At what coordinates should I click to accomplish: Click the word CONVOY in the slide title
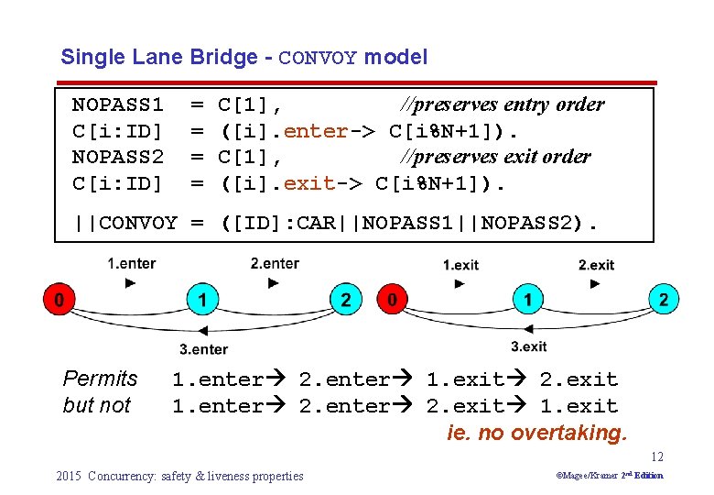pyautogui.click(x=318, y=58)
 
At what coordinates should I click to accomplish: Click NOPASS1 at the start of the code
pyautogui.click(x=117, y=104)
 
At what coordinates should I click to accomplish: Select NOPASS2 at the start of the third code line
pyautogui.click(x=117, y=157)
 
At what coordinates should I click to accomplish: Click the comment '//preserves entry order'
pyautogui.click(x=502, y=104)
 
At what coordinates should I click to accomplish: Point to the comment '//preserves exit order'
pyautogui.click(x=495, y=157)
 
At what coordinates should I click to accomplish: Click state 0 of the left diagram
pyautogui.click(x=58, y=299)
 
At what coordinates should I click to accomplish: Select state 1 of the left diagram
pyautogui.click(x=202, y=299)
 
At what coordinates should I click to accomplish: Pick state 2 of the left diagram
pyautogui.click(x=345, y=299)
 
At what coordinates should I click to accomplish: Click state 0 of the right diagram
pyautogui.click(x=391, y=299)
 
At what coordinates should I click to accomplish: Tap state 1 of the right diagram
pyautogui.click(x=528, y=299)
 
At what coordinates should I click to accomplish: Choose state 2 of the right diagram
pyautogui.click(x=664, y=299)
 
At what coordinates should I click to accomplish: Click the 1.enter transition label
pyautogui.click(x=132, y=264)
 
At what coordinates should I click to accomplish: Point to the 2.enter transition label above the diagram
pyautogui.click(x=275, y=264)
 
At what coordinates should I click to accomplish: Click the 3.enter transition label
pyautogui.click(x=203, y=348)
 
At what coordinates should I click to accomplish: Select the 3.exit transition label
pyautogui.click(x=529, y=346)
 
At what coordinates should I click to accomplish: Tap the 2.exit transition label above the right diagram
pyautogui.click(x=596, y=265)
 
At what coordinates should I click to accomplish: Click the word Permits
pyautogui.click(x=100, y=379)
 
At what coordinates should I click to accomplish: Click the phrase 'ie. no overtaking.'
pyautogui.click(x=537, y=433)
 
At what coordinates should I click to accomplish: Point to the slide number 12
pyautogui.click(x=657, y=456)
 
